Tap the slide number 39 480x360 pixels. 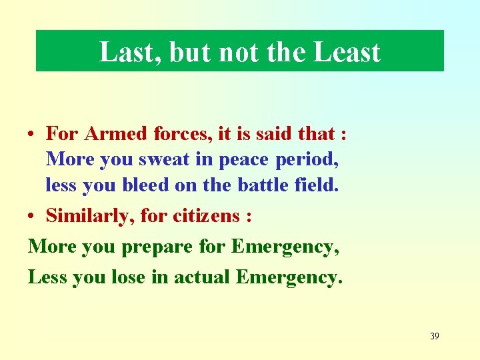tap(434, 336)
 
